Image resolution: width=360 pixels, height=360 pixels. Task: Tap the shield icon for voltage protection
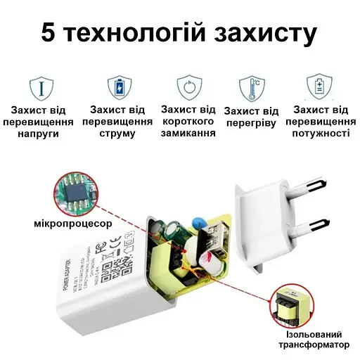pyautogui.click(x=41, y=88)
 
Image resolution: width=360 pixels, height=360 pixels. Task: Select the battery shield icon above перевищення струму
pyautogui.click(x=119, y=88)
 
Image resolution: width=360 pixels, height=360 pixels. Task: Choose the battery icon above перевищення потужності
pyautogui.click(x=320, y=88)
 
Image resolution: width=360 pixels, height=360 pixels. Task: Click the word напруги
pyautogui.click(x=42, y=133)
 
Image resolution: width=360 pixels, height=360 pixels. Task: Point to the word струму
pyautogui.click(x=117, y=133)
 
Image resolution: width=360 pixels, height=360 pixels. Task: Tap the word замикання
pyautogui.click(x=188, y=132)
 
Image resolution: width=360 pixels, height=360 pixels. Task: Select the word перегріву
pyautogui.click(x=251, y=123)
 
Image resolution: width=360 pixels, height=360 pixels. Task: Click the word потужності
pyautogui.click(x=320, y=133)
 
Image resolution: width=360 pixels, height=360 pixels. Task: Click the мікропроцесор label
pyautogui.click(x=72, y=224)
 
